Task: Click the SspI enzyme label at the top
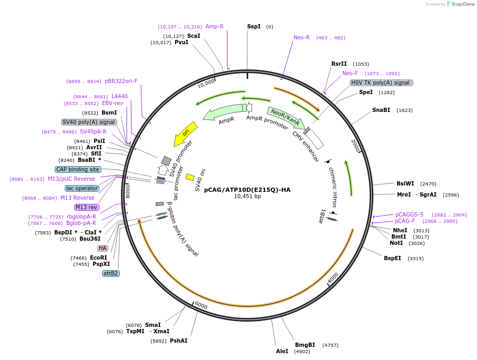253,26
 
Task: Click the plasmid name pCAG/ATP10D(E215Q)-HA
247,190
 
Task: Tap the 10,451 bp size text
247,197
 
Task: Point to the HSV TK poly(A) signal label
381,83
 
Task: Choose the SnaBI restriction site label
381,110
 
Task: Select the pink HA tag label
103,248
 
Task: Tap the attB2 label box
110,273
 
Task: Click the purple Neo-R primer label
301,37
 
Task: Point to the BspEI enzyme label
392,258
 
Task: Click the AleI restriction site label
282,351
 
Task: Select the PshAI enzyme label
178,341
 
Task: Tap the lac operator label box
82,188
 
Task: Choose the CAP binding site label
78,169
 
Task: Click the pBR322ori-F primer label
121,81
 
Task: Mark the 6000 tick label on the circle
201,306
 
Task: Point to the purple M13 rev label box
87,207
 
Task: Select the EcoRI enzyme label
98,258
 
